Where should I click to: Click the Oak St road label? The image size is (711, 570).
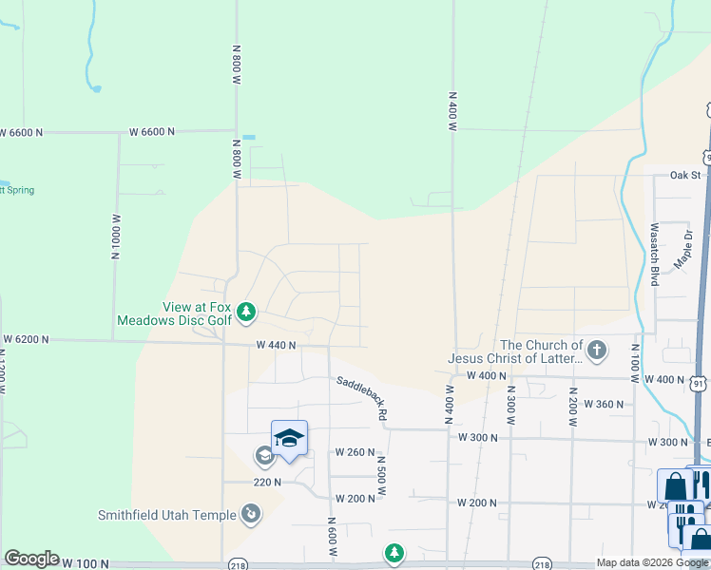coord(684,175)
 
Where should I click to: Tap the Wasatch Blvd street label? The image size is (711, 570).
coord(655,255)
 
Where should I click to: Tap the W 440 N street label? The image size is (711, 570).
coord(276,346)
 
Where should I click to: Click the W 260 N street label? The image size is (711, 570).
coord(355,452)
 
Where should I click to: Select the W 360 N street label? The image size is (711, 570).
coord(603,404)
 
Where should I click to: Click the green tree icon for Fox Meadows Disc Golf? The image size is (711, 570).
coord(246,312)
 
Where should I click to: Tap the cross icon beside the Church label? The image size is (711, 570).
coord(596,351)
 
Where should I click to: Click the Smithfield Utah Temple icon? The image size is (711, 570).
coord(251,515)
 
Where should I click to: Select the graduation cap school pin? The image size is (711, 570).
coord(289,438)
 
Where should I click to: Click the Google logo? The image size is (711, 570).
coord(31,559)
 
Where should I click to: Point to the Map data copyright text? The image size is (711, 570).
coord(651,562)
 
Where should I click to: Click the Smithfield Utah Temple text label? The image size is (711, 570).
coord(167,516)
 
